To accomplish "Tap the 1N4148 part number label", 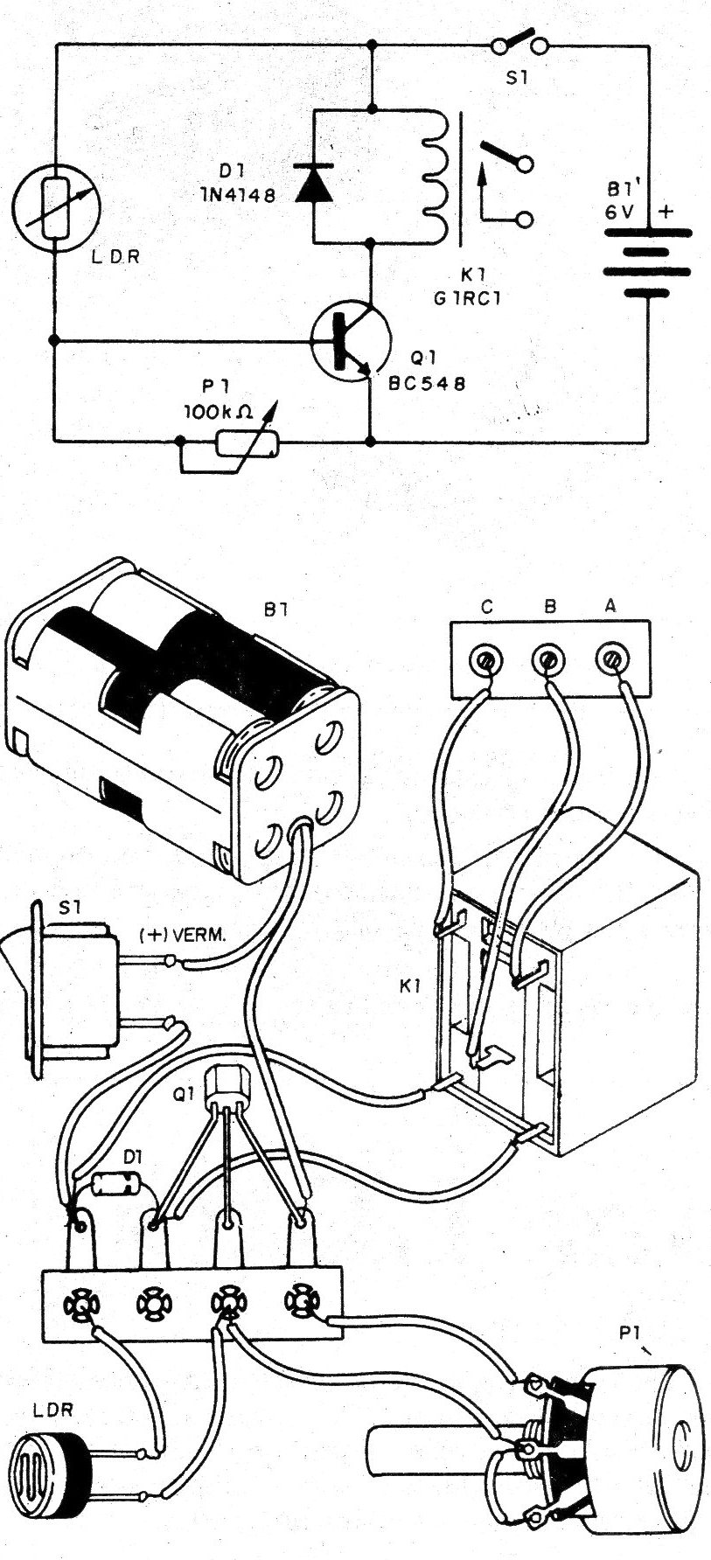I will pos(237,196).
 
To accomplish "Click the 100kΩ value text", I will pos(219,410).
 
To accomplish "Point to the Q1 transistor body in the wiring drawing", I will pos(228,1088).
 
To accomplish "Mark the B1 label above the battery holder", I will pos(275,609).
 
